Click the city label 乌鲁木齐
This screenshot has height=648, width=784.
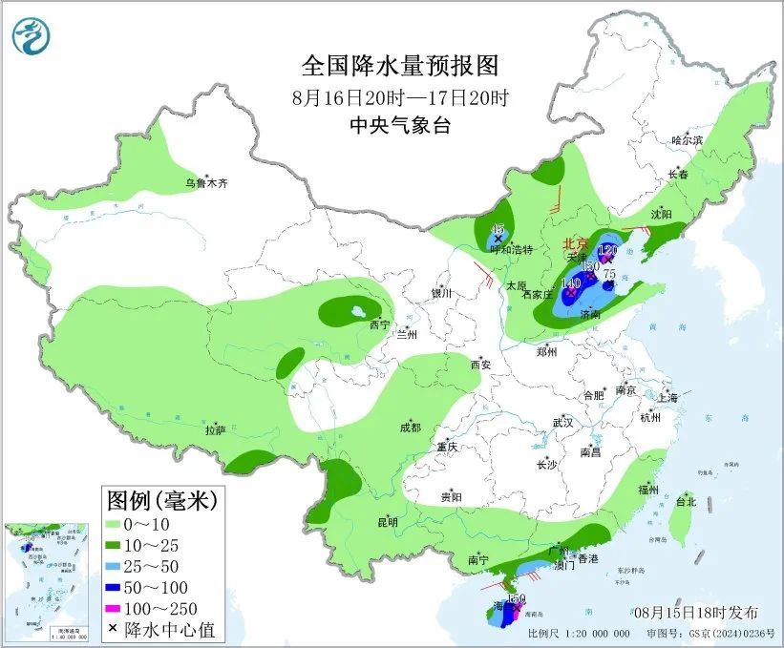(x=207, y=182)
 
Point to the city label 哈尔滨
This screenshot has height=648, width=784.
(x=686, y=140)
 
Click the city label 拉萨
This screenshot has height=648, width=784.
(x=215, y=430)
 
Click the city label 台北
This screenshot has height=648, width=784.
(x=686, y=501)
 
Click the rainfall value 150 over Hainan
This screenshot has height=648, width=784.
(x=516, y=599)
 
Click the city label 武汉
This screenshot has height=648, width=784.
(x=562, y=422)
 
